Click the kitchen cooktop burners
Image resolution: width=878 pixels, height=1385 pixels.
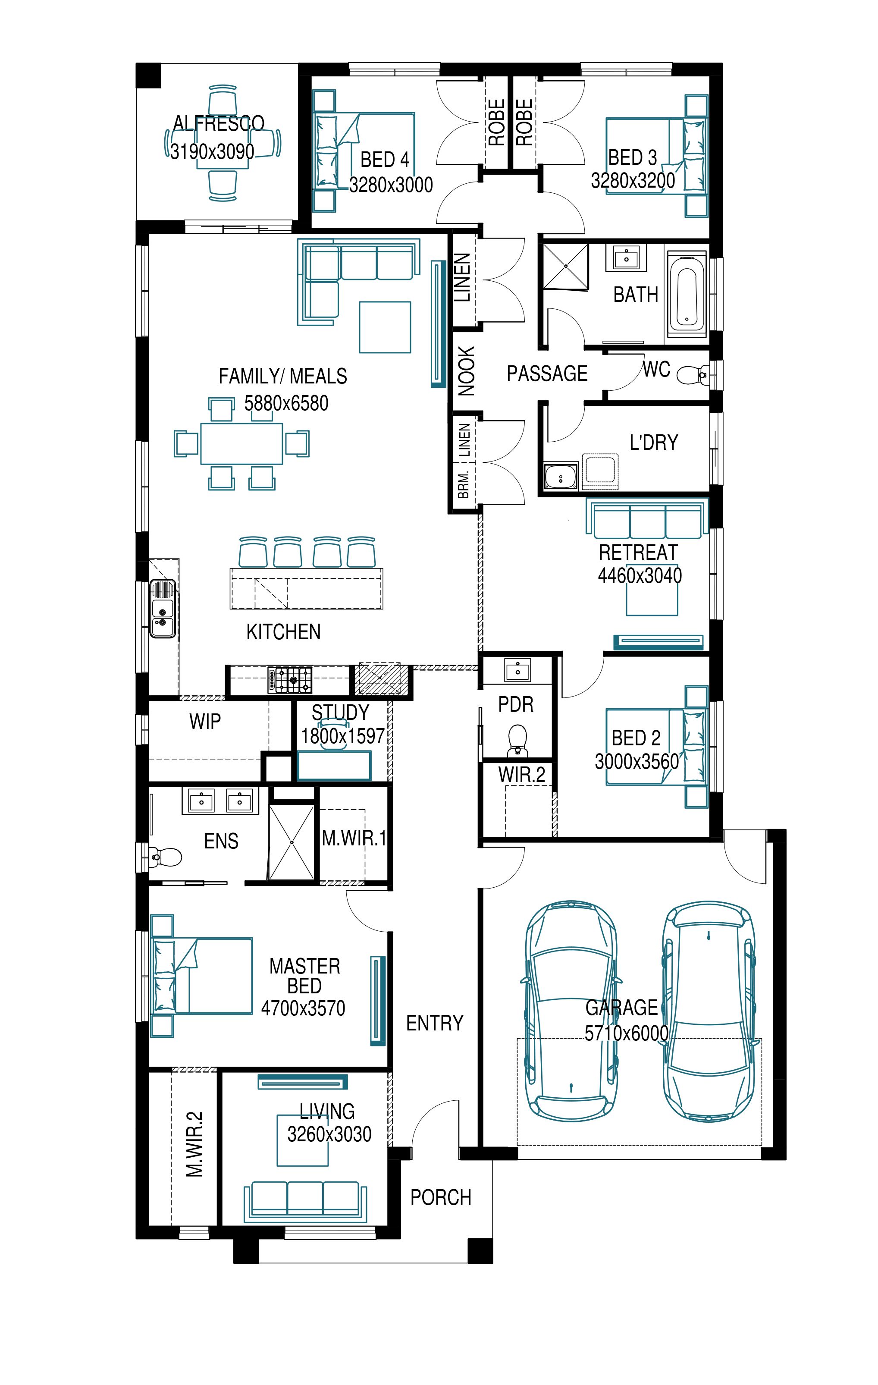coord(290,679)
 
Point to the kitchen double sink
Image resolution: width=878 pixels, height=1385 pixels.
coord(162,609)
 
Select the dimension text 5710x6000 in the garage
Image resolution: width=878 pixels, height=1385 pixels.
coord(626,1033)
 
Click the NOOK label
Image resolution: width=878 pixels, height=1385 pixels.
coord(466,371)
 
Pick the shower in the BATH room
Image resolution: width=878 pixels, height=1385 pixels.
coord(566,266)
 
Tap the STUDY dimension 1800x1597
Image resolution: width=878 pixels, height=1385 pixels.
coord(343,736)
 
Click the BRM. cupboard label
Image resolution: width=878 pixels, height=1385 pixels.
coord(464,484)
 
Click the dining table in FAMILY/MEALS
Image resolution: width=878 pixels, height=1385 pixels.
coord(241,443)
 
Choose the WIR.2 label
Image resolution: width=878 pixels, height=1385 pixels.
coord(521,775)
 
